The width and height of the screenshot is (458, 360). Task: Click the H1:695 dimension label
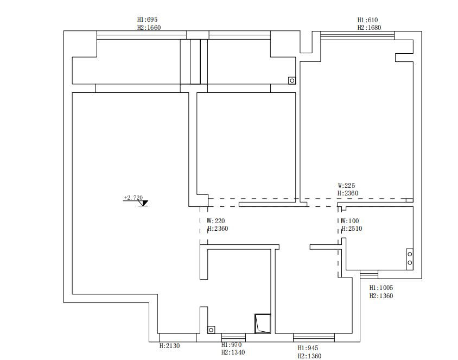coord(148,20)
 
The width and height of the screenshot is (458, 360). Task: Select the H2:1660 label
coord(149,27)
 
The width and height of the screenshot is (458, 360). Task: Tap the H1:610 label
coord(367,20)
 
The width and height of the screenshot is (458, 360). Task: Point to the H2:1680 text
coord(369,28)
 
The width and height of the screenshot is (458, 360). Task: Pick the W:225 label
coord(346,185)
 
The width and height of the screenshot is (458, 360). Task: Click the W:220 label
coord(216,221)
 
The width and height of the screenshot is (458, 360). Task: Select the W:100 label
coord(350,221)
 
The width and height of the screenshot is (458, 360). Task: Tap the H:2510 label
coord(352,229)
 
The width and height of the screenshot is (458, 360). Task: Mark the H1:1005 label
coord(381,288)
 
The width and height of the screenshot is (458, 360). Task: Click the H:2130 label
coord(169,345)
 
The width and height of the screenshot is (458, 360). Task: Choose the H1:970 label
coord(231,345)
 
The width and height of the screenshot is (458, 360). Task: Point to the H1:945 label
coord(308,348)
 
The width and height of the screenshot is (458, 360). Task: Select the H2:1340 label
coord(233,352)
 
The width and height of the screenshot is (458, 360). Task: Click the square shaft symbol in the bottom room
coord(263,324)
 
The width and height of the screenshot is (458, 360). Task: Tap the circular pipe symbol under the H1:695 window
coord(292,80)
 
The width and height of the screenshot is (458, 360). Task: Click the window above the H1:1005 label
coord(369,275)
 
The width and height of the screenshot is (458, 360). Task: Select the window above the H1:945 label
coord(314,337)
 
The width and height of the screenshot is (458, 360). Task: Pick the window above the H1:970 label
coord(233,337)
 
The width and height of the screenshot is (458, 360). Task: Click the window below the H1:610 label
coord(357,36)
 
